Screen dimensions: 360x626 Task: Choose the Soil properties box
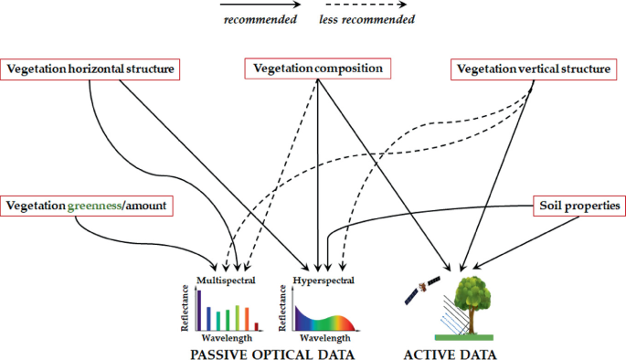578,207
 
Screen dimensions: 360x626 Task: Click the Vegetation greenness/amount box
88,207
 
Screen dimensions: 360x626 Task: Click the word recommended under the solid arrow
260,19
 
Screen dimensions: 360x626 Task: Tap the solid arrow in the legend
260,5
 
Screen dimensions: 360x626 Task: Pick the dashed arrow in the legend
366,5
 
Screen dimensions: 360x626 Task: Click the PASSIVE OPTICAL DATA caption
271,352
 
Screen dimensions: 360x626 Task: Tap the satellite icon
422,291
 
